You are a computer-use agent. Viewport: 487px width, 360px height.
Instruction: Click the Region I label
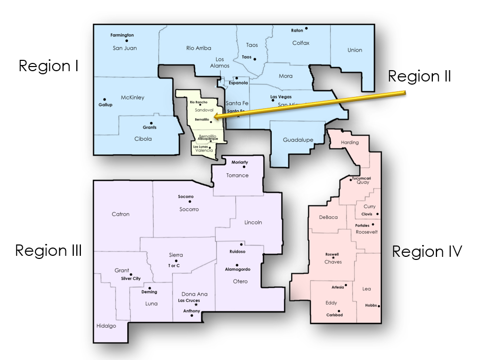pos(48,66)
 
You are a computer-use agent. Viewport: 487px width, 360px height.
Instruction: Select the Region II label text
pos(419,76)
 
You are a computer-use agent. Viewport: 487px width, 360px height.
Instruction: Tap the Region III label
pos(48,251)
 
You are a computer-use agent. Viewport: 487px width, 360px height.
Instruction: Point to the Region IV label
pos(427,252)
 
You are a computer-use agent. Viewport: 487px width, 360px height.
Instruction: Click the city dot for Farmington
pos(126,41)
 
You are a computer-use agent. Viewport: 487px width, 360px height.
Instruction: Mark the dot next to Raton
pos(306,28)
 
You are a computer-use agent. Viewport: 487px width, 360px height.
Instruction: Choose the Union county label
pos(355,50)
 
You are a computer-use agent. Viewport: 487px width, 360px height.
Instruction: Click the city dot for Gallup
pos(105,100)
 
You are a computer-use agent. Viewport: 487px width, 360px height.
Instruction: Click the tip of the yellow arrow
pos(214,118)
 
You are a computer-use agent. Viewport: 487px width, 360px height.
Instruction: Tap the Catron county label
pos(121,214)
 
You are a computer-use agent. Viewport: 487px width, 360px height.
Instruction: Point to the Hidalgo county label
pos(106,326)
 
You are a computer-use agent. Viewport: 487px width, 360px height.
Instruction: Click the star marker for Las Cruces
pos(196,305)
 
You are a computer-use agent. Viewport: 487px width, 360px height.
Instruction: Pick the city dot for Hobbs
pos(379,306)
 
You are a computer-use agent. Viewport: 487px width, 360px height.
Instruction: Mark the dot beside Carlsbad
pos(339,311)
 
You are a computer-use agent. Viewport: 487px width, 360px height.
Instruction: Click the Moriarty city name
pos(240,162)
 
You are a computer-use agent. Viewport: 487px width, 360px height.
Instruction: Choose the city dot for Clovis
pos(378,214)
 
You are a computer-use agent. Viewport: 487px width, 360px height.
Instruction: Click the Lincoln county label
pos(253,222)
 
